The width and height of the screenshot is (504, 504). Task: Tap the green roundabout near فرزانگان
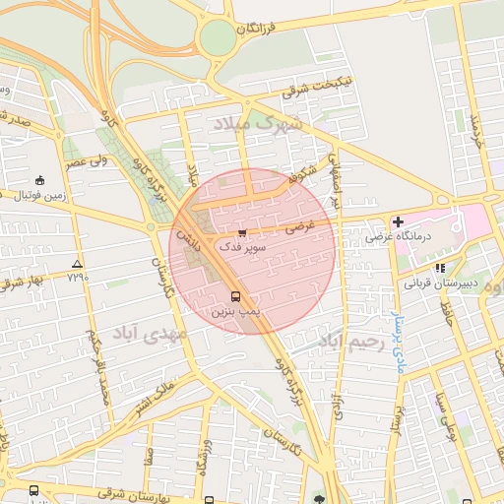217,38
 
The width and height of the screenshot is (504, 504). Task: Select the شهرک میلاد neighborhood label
255,125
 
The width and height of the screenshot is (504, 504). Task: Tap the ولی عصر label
87,160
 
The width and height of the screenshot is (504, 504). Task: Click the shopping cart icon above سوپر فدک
242,232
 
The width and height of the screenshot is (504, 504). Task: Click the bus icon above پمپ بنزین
235,296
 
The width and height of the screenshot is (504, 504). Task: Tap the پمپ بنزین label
235,310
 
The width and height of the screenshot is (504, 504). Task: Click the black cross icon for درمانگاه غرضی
398,222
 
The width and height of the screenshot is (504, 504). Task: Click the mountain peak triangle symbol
78,264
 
